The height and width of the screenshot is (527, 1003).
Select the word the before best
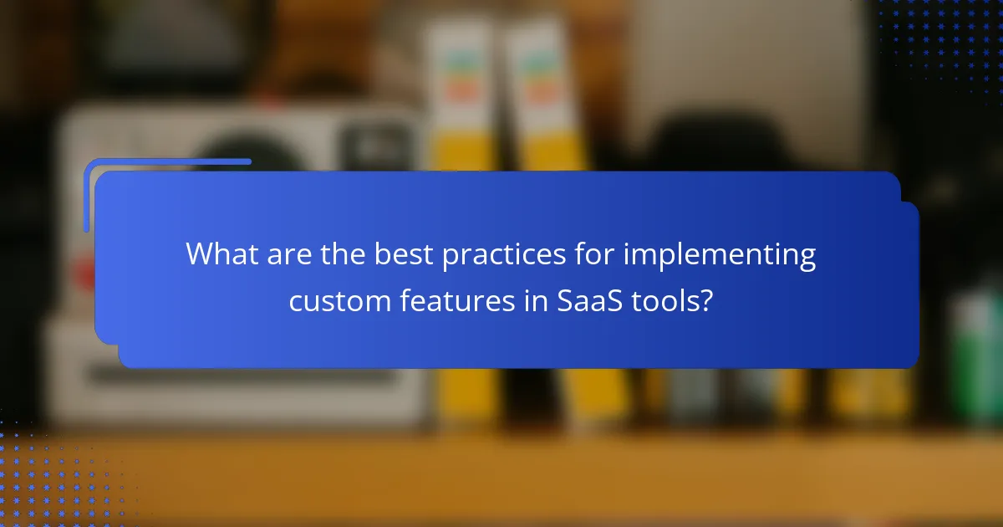(341, 253)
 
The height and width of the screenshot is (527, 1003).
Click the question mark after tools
(707, 301)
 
